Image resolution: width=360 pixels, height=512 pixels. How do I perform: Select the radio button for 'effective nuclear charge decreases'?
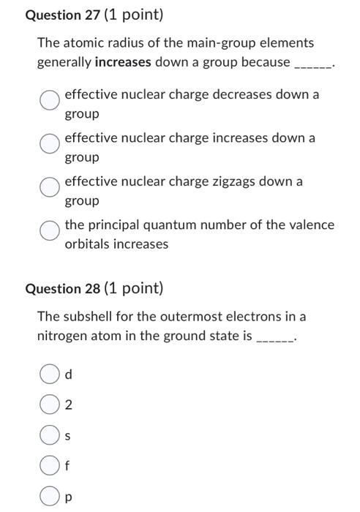click(50, 100)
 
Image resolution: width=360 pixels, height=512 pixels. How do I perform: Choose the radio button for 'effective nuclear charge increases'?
click(50, 143)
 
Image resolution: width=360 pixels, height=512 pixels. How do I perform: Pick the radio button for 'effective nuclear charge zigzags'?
click(50, 187)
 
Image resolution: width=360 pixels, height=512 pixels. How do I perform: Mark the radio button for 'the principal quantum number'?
click(50, 230)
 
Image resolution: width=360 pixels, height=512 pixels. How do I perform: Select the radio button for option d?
click(48, 374)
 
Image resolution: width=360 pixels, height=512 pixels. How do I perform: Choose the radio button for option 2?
click(48, 405)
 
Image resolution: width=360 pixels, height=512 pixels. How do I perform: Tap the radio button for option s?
click(48, 436)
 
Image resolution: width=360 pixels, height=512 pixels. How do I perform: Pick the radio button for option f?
click(48, 466)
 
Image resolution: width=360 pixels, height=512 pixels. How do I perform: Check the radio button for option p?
click(48, 496)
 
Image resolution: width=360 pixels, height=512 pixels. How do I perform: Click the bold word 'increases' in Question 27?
click(123, 62)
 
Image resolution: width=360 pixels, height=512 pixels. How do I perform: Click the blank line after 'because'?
click(313, 64)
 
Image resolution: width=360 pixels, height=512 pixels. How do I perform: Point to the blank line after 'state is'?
click(274, 339)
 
